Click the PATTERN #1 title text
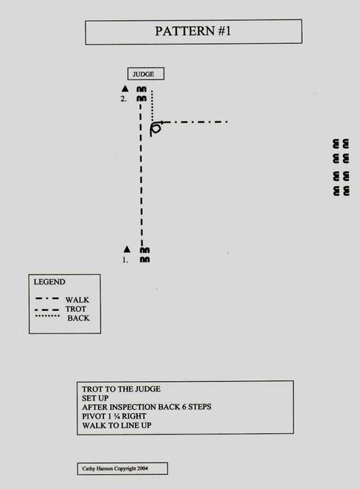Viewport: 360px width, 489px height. (x=193, y=31)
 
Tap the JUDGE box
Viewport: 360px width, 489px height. (x=146, y=74)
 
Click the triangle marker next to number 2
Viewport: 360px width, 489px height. (x=125, y=89)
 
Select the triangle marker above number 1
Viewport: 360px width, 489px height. (x=126, y=249)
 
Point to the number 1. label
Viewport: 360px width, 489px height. (x=125, y=260)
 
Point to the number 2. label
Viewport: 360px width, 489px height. (x=123, y=99)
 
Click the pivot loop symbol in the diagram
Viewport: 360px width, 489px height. (x=156, y=128)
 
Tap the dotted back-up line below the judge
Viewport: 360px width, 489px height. (x=152, y=106)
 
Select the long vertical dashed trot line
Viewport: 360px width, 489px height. (x=141, y=175)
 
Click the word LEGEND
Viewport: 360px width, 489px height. (x=50, y=282)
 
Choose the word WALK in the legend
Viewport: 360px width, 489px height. (x=77, y=300)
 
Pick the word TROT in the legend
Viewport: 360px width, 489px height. (x=76, y=309)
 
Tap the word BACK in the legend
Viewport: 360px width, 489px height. (x=79, y=318)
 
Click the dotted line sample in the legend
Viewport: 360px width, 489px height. (x=48, y=316)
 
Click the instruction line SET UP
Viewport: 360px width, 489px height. (x=95, y=398)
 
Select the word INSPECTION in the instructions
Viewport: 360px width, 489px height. (x=133, y=407)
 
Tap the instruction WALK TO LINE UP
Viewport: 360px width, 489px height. (x=117, y=426)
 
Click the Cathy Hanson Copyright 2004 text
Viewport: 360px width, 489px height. (x=115, y=468)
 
